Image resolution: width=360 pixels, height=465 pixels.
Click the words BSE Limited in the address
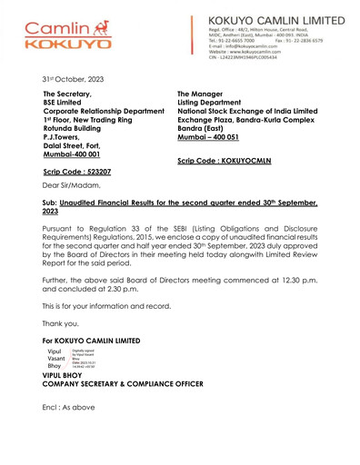pyautogui.click(x=68, y=103)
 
